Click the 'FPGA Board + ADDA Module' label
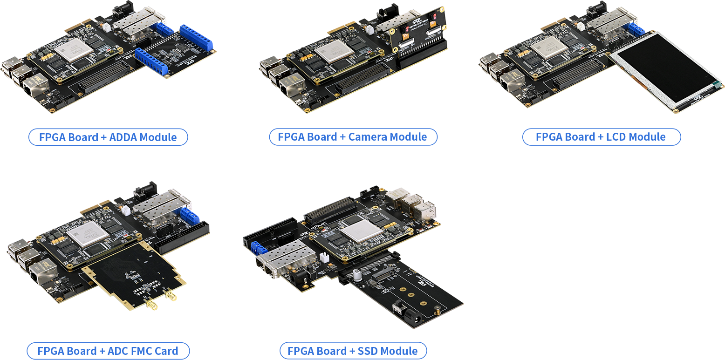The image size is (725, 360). click(108, 137)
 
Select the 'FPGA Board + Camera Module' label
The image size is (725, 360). click(353, 137)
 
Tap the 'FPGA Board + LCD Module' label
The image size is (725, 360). click(602, 137)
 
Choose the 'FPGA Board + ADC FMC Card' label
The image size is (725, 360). click(108, 351)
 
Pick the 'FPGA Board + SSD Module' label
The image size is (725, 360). click(353, 351)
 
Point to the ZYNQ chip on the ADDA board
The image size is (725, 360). click(74, 50)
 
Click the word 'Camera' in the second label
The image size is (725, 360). click(366, 137)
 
